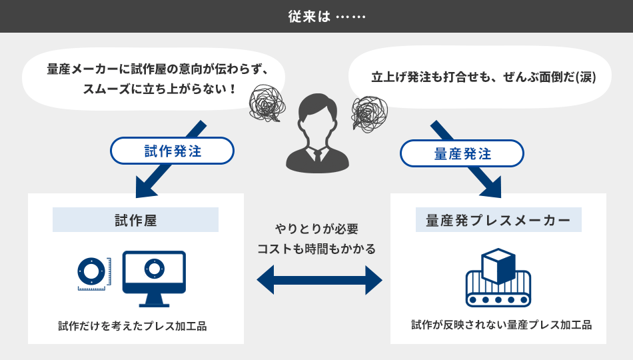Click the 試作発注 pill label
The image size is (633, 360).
pos(173,151)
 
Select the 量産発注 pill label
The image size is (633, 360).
pos(462,154)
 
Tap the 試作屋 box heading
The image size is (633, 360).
pos(135,220)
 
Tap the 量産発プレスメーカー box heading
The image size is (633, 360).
pos(498,220)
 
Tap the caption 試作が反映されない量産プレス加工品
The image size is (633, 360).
pos(501,325)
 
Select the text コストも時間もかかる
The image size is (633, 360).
pos(316,249)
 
